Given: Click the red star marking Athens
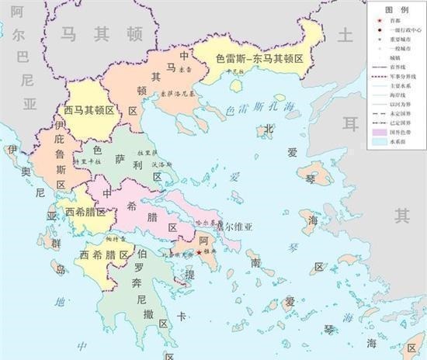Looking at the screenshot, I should click(x=200, y=252).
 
